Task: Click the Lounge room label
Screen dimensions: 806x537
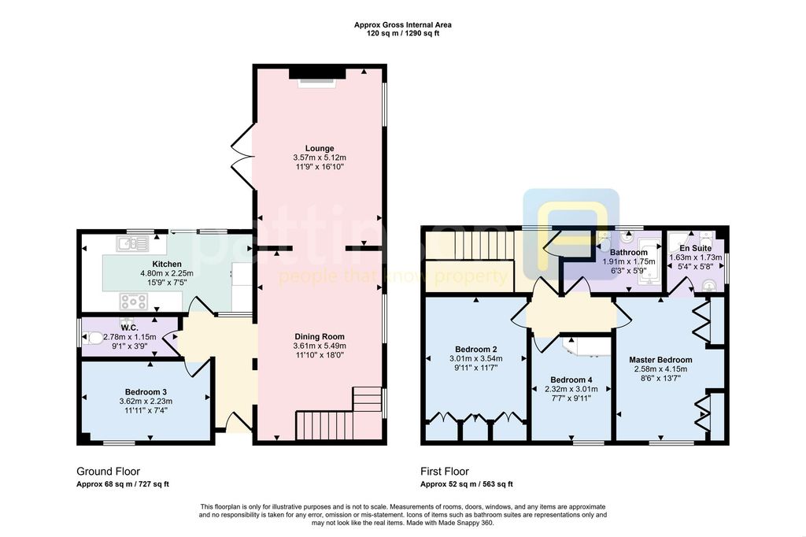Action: coord(320,148)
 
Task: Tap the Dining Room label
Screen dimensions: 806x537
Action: coord(320,336)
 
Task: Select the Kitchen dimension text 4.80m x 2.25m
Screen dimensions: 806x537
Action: coord(167,273)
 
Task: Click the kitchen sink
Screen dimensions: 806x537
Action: coord(132,243)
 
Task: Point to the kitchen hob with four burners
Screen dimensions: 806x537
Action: coord(133,302)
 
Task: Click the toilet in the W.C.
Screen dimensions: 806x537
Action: coord(94,338)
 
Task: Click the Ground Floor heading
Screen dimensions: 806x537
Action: coord(108,471)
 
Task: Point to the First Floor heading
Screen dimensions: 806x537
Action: coord(445,471)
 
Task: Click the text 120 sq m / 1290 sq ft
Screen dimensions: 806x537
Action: coord(403,33)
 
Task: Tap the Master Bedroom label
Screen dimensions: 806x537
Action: coord(660,360)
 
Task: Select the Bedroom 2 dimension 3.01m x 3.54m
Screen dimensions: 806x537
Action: coord(476,358)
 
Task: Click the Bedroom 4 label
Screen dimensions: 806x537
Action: coord(571,380)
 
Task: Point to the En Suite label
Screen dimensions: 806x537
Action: coord(696,248)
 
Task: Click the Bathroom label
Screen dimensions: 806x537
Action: coord(629,253)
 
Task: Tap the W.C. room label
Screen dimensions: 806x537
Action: coord(130,328)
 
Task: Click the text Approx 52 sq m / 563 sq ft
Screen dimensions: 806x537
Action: coord(467,484)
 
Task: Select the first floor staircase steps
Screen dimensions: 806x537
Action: coord(484,246)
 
